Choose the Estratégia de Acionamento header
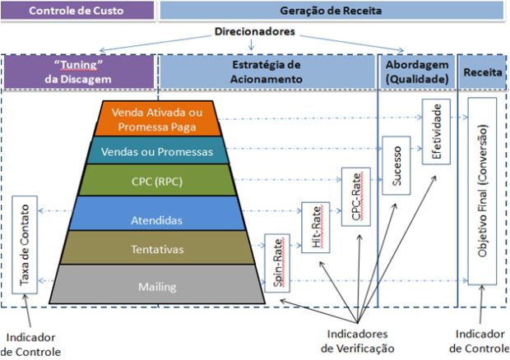(267, 72)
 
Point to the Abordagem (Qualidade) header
(415, 72)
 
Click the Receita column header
(480, 72)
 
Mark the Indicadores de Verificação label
(358, 341)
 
